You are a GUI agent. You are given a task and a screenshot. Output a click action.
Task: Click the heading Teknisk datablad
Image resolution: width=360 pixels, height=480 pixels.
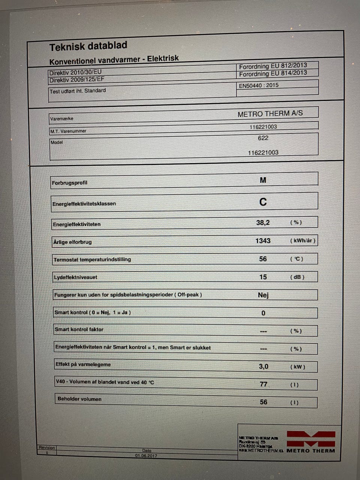[88, 46]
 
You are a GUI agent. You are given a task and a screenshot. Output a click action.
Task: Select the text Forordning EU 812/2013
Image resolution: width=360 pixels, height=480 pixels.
[273, 66]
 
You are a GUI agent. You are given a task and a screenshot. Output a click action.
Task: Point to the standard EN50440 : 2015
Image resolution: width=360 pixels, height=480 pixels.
[259, 85]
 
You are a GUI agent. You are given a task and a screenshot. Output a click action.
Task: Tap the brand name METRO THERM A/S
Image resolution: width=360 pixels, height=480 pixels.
[270, 114]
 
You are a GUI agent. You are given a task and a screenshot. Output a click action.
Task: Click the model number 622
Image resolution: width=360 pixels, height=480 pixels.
[263, 138]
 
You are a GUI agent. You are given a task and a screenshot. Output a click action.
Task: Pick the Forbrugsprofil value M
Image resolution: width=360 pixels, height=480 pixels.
[263, 180]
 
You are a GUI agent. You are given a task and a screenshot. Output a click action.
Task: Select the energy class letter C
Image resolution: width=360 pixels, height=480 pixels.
[263, 202]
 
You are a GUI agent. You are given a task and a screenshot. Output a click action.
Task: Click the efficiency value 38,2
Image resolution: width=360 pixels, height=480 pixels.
[263, 223]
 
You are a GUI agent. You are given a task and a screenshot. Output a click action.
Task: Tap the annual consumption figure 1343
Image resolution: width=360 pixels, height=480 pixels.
[263, 241]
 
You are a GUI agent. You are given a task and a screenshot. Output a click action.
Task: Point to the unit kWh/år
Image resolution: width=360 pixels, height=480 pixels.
[303, 241]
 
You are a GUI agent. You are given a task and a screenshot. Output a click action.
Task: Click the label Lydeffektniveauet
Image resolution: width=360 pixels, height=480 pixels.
[75, 277]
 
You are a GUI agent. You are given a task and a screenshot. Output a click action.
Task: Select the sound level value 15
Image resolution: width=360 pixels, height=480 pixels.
[263, 277]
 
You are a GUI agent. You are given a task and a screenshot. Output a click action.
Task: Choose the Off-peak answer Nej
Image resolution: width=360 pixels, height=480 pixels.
[263, 295]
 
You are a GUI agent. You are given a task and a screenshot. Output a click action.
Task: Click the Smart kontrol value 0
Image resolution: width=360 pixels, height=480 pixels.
[263, 313]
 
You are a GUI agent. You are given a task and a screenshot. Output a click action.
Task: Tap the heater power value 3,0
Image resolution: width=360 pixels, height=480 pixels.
[264, 366]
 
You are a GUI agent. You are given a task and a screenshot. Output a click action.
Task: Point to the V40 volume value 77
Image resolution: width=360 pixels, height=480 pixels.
[264, 384]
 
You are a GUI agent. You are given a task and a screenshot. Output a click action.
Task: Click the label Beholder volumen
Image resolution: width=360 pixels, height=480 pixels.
[79, 399]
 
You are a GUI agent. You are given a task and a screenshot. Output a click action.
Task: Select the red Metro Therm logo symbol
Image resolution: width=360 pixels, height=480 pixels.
[311, 439]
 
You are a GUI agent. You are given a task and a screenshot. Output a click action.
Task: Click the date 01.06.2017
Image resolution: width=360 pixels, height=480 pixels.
[146, 456]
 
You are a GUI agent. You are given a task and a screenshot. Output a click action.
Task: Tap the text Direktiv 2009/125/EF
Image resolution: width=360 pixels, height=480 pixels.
[77, 79]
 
